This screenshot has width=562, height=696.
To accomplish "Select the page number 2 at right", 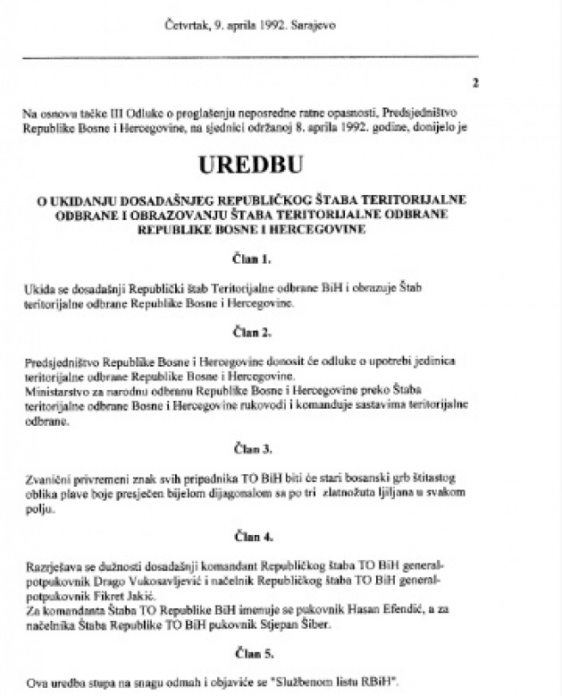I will coord(475,84).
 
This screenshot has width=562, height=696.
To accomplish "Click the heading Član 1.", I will coord(283,261).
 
